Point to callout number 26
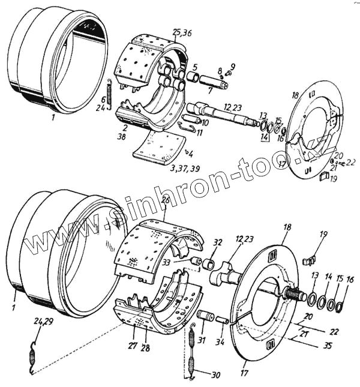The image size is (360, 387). click(x=166, y=200)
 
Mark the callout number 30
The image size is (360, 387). click(x=215, y=374)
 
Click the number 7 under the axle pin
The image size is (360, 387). click(x=209, y=91)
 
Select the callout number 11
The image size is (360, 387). click(x=199, y=132)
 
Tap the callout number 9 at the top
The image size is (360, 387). click(x=233, y=66)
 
